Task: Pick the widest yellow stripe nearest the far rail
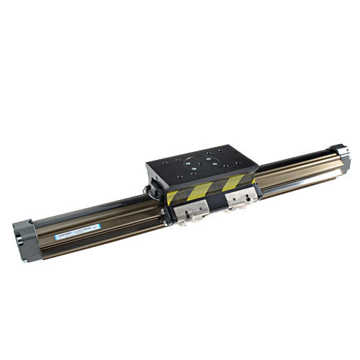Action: (233, 181)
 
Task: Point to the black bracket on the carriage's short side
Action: (153, 192)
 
